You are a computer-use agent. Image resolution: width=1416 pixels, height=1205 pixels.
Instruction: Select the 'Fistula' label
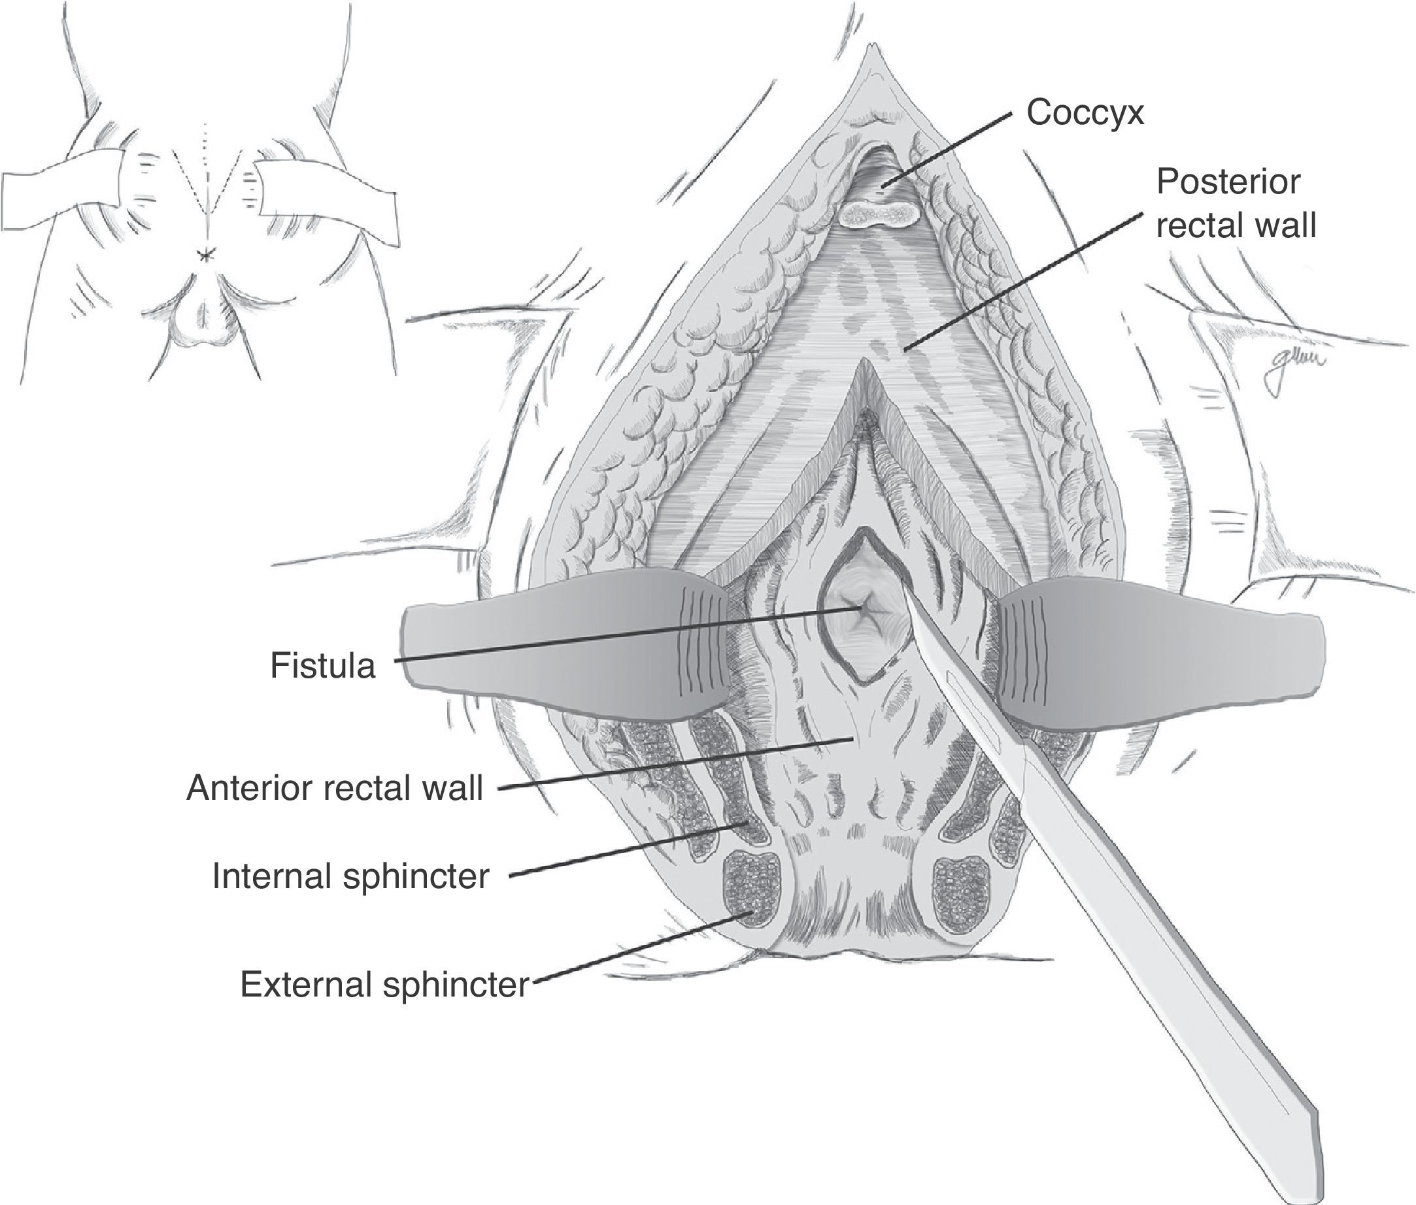[x=322, y=665]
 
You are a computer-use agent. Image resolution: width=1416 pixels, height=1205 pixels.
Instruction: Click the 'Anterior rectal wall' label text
[x=335, y=788]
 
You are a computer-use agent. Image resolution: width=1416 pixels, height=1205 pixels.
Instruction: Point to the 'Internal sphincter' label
[x=350, y=876]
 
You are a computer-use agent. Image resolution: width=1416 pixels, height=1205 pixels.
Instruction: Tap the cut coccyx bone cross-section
[x=877, y=214]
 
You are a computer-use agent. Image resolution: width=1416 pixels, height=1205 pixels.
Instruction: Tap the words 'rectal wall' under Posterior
[x=1236, y=225]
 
